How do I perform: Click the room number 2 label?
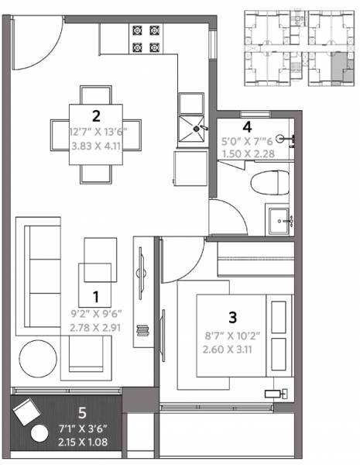(97, 117)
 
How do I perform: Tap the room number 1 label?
(97, 296)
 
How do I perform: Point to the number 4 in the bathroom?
(247, 126)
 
